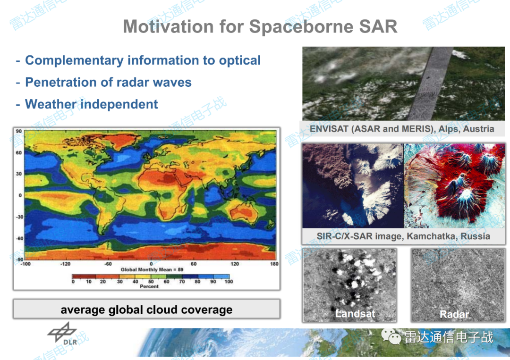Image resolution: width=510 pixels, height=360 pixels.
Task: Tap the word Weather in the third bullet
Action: point(51,104)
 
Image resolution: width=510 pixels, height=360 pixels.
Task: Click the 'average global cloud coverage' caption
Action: point(146,310)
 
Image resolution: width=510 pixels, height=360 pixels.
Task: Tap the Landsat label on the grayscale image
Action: point(355,314)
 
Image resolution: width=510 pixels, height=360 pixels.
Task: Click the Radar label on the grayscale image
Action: point(454,314)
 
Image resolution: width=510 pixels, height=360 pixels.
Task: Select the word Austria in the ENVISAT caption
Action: point(478,129)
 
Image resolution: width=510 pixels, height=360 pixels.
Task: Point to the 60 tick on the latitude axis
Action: point(19,153)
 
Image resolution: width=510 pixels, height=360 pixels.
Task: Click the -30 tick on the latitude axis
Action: point(19,217)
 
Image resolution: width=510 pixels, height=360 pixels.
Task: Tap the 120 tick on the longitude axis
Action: point(235,264)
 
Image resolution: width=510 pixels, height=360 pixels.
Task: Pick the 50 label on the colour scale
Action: point(151,282)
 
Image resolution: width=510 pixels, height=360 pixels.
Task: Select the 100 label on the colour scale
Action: point(229,282)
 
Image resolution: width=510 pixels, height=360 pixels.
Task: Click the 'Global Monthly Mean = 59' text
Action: point(152,270)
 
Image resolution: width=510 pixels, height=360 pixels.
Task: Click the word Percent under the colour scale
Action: point(149,286)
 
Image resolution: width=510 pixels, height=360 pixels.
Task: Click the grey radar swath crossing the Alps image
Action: point(431,84)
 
